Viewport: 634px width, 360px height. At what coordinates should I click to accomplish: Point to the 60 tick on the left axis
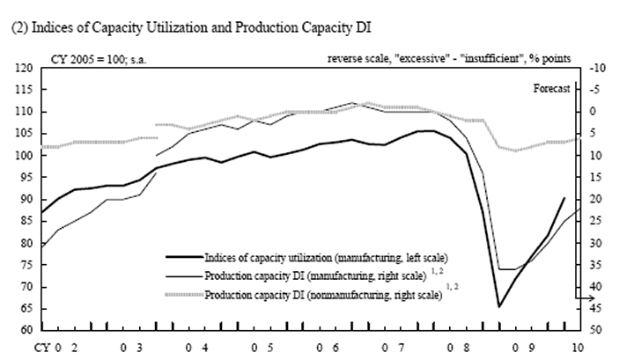pos(25,331)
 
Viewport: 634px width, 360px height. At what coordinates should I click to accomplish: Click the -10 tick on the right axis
pos(595,68)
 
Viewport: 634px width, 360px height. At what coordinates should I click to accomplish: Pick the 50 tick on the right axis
pos(595,331)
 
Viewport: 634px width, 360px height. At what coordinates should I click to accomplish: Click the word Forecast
pos(552,88)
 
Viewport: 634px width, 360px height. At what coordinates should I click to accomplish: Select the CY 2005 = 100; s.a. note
pos(103,58)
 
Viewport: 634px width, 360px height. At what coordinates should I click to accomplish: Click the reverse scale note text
pos(449,58)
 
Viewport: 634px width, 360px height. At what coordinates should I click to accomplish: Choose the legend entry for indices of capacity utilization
pos(326,257)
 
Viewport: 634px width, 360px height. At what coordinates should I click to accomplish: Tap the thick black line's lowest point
pos(499,306)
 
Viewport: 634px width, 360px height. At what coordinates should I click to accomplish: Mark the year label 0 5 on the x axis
pos(262,348)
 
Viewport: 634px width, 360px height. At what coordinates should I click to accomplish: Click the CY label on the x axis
pos(43,348)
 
